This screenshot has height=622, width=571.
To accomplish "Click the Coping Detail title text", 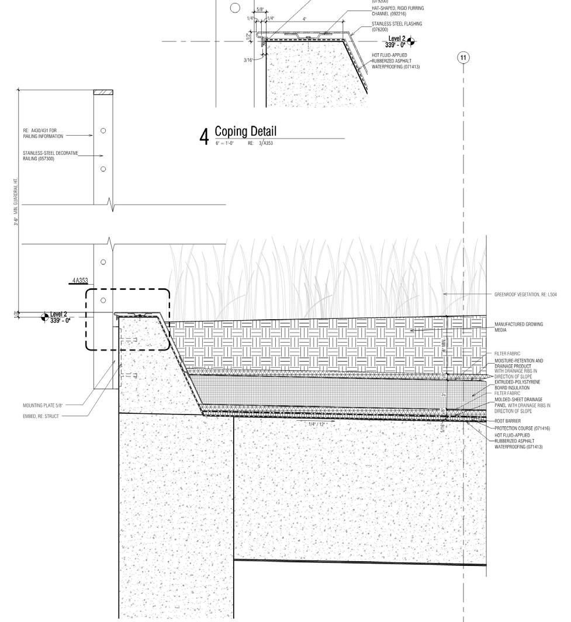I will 245,131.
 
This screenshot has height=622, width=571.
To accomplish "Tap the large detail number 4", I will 204,137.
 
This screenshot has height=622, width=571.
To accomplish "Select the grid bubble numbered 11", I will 463,57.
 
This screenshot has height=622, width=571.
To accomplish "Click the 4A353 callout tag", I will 80,281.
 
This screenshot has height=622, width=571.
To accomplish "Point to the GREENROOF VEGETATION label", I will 525,295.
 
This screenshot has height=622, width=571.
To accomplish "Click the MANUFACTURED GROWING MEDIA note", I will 518,327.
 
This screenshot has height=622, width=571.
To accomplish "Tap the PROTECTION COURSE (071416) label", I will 522,429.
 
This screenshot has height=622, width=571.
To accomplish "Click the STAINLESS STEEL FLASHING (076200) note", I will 396,26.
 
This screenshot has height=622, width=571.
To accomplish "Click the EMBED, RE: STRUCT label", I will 40,416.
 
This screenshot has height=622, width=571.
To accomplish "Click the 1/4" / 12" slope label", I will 318,423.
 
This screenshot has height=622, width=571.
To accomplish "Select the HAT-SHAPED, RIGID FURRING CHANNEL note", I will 397,11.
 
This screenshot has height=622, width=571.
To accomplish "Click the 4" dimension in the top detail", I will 304,19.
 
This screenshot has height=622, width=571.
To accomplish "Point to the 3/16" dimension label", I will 248,60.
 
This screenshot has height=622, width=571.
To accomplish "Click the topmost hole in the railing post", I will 103,130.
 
